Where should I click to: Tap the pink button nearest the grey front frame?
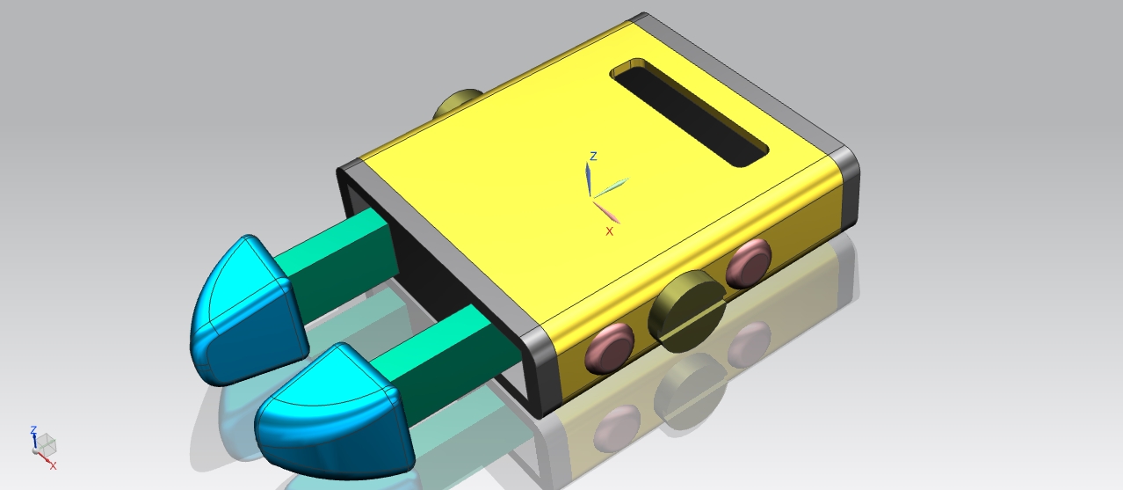610,348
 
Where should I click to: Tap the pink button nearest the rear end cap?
749,263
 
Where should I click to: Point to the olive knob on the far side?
458,104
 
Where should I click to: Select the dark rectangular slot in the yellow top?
689,113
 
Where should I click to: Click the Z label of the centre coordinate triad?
594,156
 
